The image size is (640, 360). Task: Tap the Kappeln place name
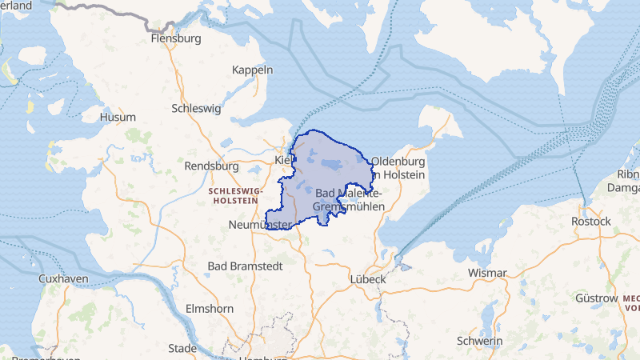point(252,70)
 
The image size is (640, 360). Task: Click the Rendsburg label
point(211,166)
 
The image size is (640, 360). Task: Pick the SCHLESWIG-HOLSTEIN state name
point(235,196)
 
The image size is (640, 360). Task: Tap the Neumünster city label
point(258,225)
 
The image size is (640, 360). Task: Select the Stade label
point(182,348)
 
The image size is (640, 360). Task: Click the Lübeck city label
point(369,279)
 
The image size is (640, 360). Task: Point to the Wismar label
point(487,273)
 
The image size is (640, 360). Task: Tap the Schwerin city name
point(479,341)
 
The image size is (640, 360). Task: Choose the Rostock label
point(591,221)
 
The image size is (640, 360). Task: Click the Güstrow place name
point(596,298)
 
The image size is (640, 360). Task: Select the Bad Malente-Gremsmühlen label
point(350,200)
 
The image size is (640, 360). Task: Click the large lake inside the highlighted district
point(330,166)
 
